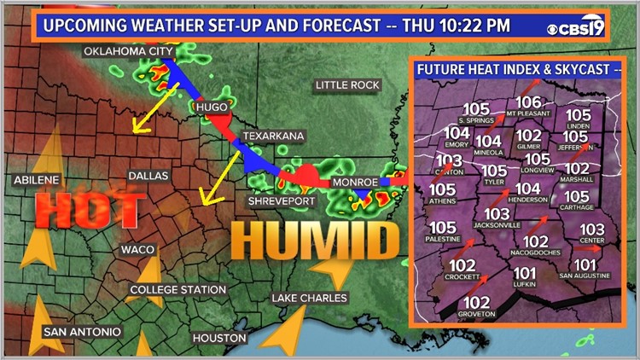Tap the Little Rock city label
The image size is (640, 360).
click(346, 85)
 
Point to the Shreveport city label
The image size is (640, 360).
click(282, 201)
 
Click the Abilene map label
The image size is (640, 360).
click(37, 180)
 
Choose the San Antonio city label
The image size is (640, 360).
click(83, 331)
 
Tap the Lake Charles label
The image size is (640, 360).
click(309, 298)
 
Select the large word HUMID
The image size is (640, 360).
click(315, 242)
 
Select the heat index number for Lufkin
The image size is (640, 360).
click(526, 274)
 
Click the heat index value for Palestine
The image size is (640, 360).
click(443, 228)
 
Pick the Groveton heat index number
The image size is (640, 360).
click(477, 303)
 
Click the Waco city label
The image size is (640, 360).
click(137, 249)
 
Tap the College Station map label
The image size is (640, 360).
click(177, 290)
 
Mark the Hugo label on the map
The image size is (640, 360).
click(212, 107)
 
